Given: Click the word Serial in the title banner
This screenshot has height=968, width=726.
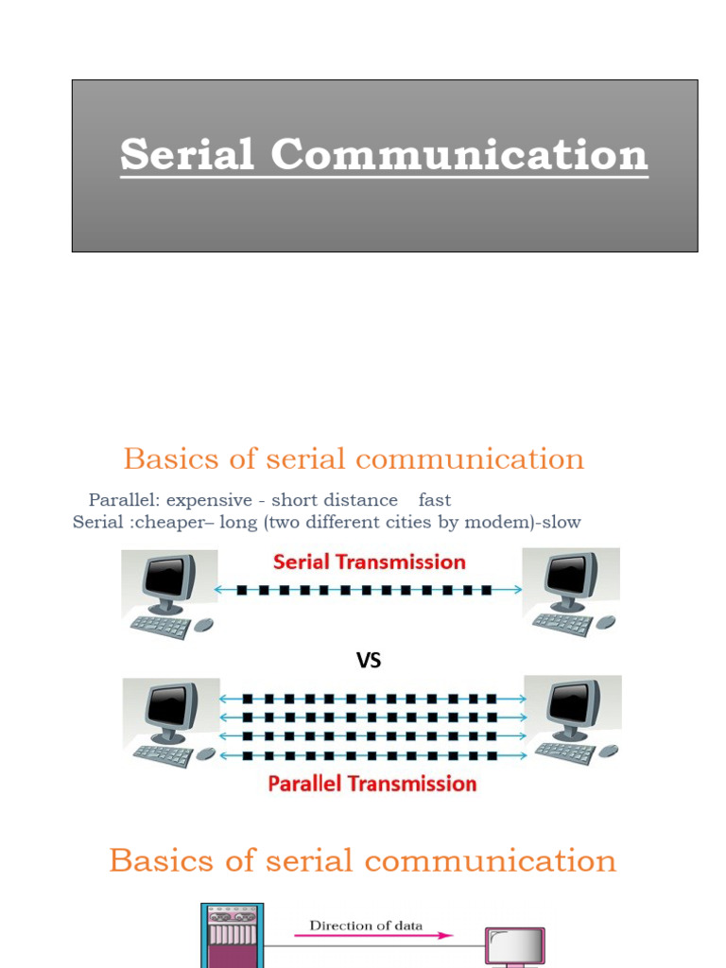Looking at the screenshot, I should point(187,154).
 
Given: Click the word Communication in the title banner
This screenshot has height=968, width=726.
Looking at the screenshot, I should point(460,154).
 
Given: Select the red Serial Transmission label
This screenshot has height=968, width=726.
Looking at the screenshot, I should point(370,562).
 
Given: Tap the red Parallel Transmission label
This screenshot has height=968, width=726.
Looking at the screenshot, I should point(372,784).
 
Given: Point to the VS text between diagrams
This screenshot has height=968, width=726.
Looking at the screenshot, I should point(369,661).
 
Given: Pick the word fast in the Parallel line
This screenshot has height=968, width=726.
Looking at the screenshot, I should point(435,500).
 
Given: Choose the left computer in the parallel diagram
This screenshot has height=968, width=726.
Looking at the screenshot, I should point(171,710).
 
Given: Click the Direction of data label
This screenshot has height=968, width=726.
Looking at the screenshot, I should point(367,925).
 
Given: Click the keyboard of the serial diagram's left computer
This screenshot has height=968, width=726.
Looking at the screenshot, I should point(159,627).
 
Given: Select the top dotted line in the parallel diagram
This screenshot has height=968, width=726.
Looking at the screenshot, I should point(372,699).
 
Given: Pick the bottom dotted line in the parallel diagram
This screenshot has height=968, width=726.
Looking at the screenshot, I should point(372,754).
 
